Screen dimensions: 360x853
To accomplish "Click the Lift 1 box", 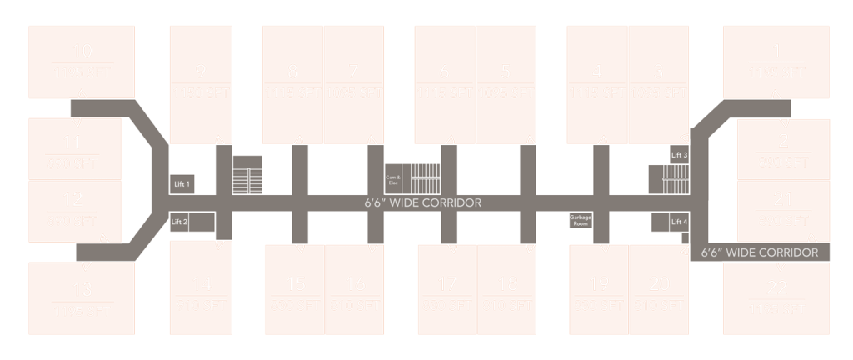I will pyautogui.click(x=182, y=183).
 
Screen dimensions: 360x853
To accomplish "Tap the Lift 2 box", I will pyautogui.click(x=180, y=222).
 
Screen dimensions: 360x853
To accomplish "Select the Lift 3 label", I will pyautogui.click(x=680, y=156).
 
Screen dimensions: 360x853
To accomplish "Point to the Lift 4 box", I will pyautogui.click(x=680, y=222).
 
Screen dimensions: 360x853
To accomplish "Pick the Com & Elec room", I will pyautogui.click(x=394, y=179).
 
